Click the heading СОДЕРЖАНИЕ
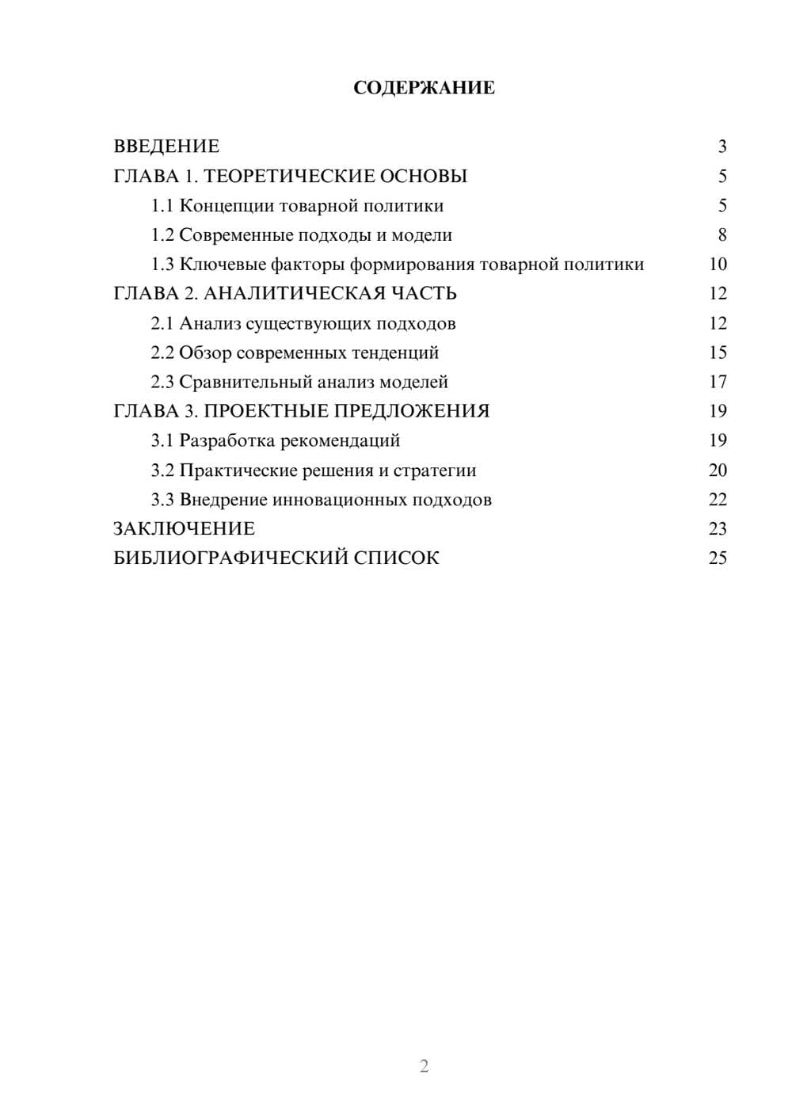click(x=424, y=88)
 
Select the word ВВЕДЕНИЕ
click(x=166, y=147)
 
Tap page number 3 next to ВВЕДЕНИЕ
click(x=722, y=147)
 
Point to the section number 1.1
click(x=162, y=206)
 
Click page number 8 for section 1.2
click(x=722, y=235)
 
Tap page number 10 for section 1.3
click(x=718, y=265)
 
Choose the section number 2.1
click(x=162, y=323)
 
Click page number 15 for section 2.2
click(x=718, y=352)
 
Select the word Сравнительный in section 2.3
click(x=245, y=382)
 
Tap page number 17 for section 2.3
click(x=718, y=382)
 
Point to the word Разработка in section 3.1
click(x=227, y=440)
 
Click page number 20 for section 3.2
click(x=718, y=470)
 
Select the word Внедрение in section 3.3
click(x=223, y=500)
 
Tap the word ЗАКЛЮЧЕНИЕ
click(x=184, y=529)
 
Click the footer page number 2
click(x=424, y=1066)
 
